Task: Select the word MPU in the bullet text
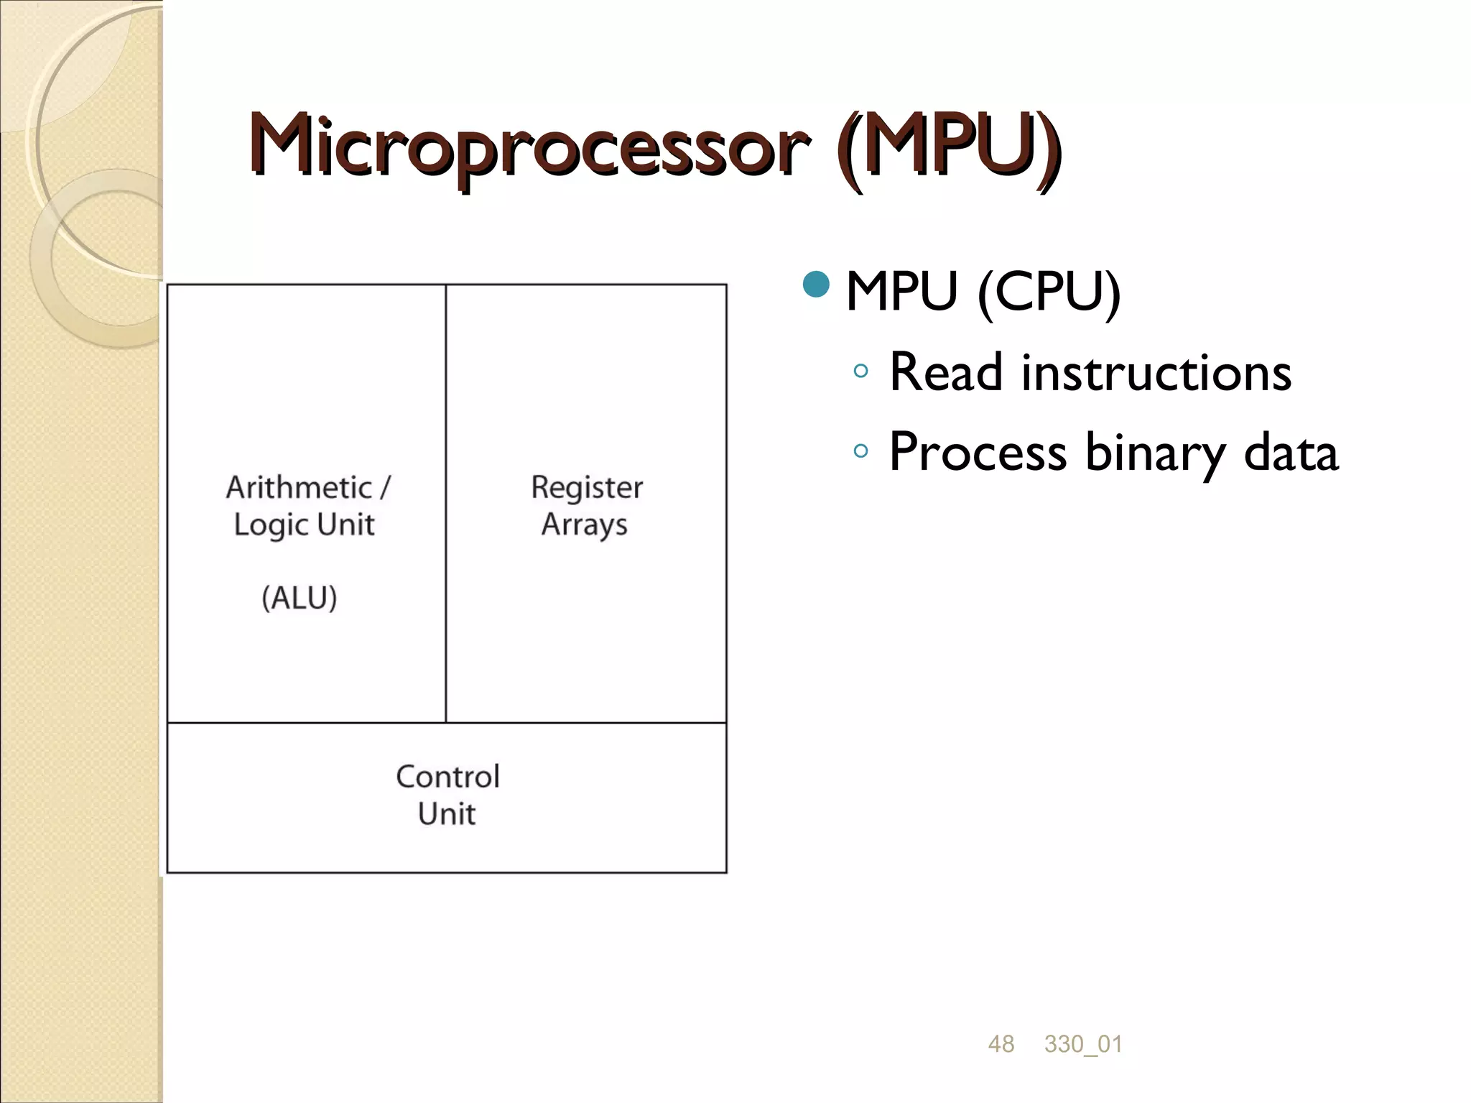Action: click(901, 292)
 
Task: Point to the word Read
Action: click(945, 372)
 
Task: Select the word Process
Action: click(978, 453)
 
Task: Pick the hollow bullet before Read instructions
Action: click(860, 371)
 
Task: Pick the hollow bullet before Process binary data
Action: click(860, 451)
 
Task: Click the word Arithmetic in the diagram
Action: click(299, 488)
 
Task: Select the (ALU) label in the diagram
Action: click(299, 598)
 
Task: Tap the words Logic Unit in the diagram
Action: click(304, 525)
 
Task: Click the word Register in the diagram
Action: click(587, 488)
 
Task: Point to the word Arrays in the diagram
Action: click(584, 525)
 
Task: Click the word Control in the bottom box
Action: click(447, 777)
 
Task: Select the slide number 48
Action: click(1001, 1044)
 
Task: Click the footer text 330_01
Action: click(1083, 1044)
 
